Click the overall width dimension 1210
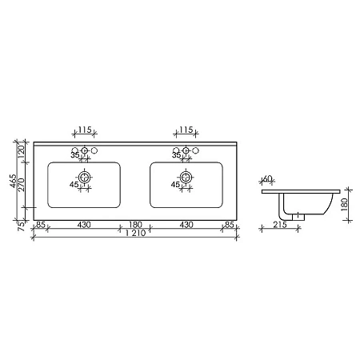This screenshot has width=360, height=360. click(x=135, y=234)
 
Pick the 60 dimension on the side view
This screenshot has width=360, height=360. click(x=268, y=180)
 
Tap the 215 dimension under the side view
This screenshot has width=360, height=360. click(x=279, y=226)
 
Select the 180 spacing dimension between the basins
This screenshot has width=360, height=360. click(x=135, y=226)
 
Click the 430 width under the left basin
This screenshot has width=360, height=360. click(x=83, y=226)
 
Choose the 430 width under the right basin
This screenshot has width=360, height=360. click(x=186, y=226)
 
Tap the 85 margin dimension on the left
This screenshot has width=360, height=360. click(x=40, y=226)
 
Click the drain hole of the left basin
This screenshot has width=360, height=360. click(x=84, y=177)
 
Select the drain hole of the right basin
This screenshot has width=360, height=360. click(x=186, y=177)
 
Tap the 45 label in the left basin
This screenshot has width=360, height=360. click(x=74, y=186)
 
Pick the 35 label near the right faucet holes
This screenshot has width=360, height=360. click(x=176, y=155)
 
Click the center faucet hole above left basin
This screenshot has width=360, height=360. click(x=84, y=150)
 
